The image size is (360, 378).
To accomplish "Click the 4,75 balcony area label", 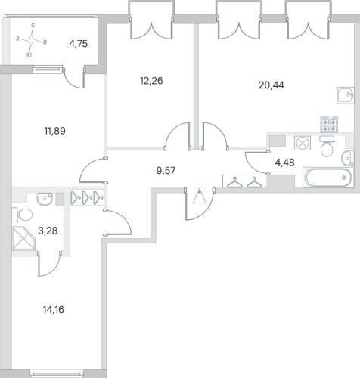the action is pos(79,44).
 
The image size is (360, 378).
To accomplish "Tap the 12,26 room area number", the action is pos(151,81).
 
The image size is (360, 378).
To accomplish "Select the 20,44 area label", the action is pos(272,85).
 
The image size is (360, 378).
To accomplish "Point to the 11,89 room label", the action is pos(55,131).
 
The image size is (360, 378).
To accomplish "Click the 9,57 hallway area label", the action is pos(166,171).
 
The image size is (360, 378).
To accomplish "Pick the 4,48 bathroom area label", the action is pos(284,163).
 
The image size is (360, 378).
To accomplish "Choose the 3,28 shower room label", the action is pos(48,231).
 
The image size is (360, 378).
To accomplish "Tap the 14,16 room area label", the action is pos(54,309).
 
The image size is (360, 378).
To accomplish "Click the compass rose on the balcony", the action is pos(31,40).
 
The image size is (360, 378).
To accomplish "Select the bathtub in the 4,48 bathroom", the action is pos(327,178).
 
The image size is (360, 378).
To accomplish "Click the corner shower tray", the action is pos(23,238).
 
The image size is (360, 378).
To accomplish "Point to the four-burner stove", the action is pos(329,124).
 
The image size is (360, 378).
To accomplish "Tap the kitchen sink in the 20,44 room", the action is pos(346,95).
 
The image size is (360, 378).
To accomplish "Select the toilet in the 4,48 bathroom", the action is pos(327,147).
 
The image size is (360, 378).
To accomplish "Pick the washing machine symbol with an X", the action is pos(302,143).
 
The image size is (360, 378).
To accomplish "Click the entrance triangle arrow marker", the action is pos(200,196).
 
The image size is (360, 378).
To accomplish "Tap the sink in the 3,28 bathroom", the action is pos(45,199).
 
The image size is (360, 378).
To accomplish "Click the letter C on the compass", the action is pos(33,26).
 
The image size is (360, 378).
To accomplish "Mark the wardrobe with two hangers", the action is pos(244,181).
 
